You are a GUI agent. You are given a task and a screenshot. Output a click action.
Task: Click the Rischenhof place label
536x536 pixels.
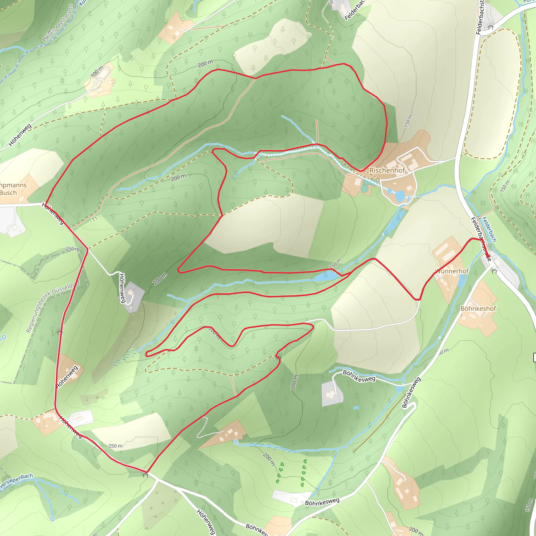[387, 170]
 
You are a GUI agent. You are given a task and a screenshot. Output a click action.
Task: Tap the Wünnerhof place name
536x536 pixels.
[452, 271]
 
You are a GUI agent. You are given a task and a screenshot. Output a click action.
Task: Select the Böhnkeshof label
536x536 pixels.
[478, 309]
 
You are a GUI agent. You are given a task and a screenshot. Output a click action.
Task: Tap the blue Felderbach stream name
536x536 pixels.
[489, 230]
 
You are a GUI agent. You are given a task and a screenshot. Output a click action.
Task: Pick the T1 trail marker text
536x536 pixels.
[95, 219]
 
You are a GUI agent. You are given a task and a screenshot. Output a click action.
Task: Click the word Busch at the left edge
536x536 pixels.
[8, 193]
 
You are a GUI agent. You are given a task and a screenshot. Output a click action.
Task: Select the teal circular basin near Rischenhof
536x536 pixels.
[364, 189]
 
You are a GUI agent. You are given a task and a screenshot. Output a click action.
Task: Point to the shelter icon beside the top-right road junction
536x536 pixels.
[491, 27]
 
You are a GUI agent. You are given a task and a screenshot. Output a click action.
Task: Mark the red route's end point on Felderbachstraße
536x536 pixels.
[489, 257]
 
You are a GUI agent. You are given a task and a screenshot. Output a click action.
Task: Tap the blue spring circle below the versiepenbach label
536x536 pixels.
[52, 519]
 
